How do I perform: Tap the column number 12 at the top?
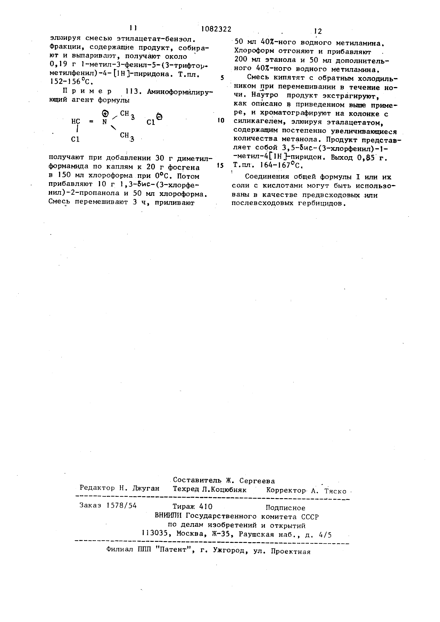[318, 31]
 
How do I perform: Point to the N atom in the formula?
[104, 122]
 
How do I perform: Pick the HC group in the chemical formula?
[76, 122]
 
